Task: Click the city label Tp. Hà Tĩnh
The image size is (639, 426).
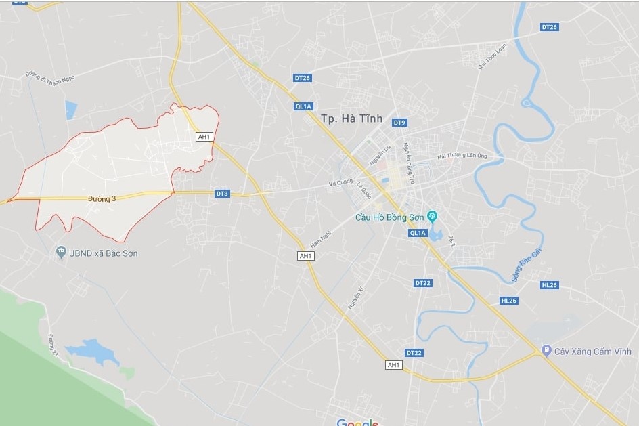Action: tap(351, 119)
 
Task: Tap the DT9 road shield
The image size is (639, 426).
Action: tap(399, 123)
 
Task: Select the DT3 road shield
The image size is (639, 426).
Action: tap(222, 194)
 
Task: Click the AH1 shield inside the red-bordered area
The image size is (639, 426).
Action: tap(204, 137)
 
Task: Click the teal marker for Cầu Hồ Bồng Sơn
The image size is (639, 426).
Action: tap(433, 217)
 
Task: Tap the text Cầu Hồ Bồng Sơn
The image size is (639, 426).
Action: tap(392, 217)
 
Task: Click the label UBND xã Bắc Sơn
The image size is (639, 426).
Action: tap(102, 253)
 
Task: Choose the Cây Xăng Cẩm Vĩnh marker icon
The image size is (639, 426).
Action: tap(546, 351)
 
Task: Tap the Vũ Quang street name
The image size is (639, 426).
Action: tap(341, 181)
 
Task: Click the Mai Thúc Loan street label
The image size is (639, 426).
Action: tap(491, 58)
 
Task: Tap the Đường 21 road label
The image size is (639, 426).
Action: tap(51, 345)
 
